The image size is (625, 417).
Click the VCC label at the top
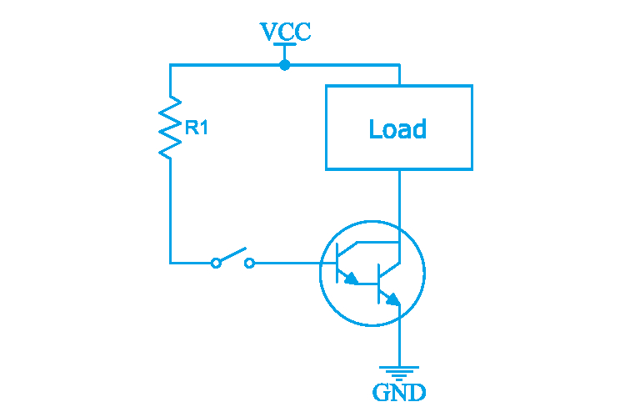coord(285,33)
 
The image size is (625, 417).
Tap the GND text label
coord(399,392)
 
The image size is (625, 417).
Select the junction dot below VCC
coord(285,65)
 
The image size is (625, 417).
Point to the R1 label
coord(197,128)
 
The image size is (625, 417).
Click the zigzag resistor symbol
coord(171,128)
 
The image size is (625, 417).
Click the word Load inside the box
coord(397,129)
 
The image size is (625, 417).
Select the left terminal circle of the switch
coord(216,264)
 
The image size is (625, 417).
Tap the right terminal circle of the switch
coord(249,264)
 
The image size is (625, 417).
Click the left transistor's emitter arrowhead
coord(353,279)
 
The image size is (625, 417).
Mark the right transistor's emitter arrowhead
coord(392,299)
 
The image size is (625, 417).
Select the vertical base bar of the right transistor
coord(379,283)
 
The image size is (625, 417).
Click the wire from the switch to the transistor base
coord(287,264)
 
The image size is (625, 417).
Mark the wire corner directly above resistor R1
coord(171,65)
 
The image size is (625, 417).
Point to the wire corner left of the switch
coord(171,264)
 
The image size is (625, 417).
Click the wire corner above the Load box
coord(400,65)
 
